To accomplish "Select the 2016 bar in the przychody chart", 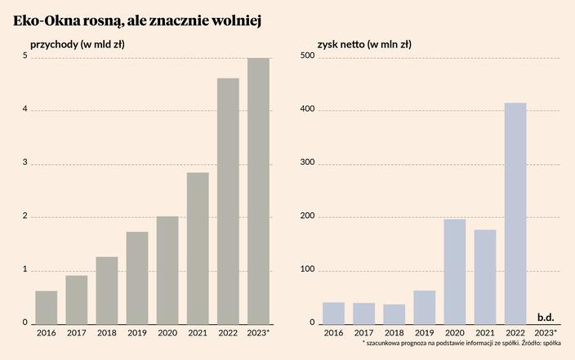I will pyautogui.click(x=47, y=308).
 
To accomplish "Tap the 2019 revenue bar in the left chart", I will pyautogui.click(x=137, y=278).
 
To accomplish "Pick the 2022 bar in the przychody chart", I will pyautogui.click(x=228, y=201).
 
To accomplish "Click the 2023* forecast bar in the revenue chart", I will pyautogui.click(x=258, y=191).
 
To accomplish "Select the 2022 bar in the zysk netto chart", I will pyautogui.click(x=515, y=213).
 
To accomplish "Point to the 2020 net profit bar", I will pyautogui.click(x=455, y=271).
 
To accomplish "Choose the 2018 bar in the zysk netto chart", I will pyautogui.click(x=394, y=314).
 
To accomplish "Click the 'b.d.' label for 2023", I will pyautogui.click(x=546, y=316).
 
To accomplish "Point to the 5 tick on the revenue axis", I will pyautogui.click(x=25, y=56).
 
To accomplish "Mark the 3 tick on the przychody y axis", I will pyautogui.click(x=25, y=163).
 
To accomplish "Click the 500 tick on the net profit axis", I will pyautogui.click(x=307, y=56).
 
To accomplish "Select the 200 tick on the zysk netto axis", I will pyautogui.click(x=307, y=217).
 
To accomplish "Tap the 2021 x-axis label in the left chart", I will pyautogui.click(x=198, y=333).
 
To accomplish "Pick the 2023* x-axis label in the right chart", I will pyautogui.click(x=546, y=333).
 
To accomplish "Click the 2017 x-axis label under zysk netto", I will pyautogui.click(x=364, y=333).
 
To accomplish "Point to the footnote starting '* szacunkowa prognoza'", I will pyautogui.click(x=461, y=344).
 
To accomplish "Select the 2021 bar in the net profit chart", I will pyautogui.click(x=485, y=277).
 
